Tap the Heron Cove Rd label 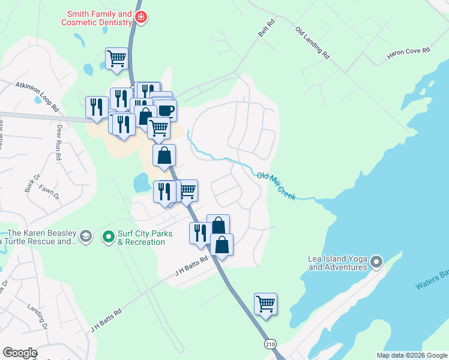[409, 56]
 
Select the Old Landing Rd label [313, 43]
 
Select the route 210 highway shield [270, 343]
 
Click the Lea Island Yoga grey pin [376, 262]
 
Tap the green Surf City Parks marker [109, 238]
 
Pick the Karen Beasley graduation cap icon [85, 235]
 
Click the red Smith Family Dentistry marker [141, 18]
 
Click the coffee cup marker [165, 110]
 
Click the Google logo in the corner [20, 353]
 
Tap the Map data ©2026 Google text [412, 355]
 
